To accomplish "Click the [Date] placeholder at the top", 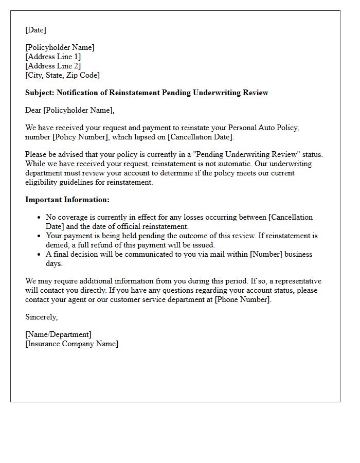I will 35,30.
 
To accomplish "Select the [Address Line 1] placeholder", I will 53,57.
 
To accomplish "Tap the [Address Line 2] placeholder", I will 53,66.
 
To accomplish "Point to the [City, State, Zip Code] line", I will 62,75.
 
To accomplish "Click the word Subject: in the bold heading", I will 40,93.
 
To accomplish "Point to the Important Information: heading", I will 67,200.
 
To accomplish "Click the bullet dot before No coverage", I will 39,218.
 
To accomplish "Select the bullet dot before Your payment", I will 39,236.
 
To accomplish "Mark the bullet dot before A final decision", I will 39,255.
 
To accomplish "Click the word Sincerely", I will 41,317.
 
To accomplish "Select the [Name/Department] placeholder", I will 58,334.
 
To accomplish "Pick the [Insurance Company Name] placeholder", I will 71,344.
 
